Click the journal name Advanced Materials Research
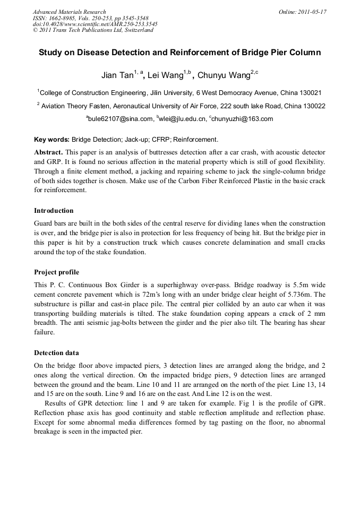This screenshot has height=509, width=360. pyautogui.click(x=69, y=12)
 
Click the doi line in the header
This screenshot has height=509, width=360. pyautogui.click(x=95, y=24)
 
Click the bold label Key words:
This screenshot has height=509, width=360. pyautogui.click(x=52, y=140)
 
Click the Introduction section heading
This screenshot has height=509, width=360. pyautogui.click(x=54, y=211)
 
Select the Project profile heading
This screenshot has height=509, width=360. pyautogui.click(x=56, y=272)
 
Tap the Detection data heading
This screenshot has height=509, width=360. pyautogui.click(x=56, y=352)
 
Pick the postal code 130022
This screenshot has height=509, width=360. pyautogui.click(x=314, y=106)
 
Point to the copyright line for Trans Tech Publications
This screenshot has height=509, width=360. pyautogui.click(x=93, y=30)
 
